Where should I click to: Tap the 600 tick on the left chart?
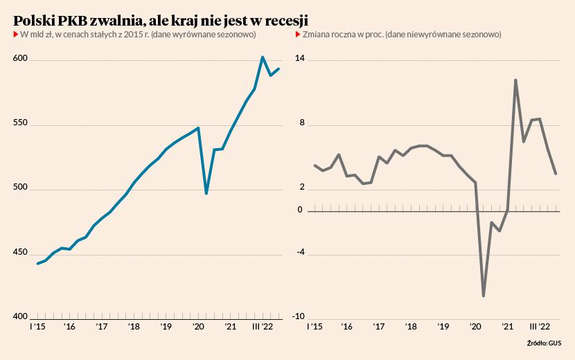[20, 60]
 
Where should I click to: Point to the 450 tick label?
[20, 253]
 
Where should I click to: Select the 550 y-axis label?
[20, 124]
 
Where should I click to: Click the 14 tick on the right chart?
[301, 60]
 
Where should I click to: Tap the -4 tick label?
[301, 253]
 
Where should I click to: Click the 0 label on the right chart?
[300, 210]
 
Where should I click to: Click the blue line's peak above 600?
[263, 57]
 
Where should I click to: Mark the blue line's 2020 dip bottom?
[206, 193]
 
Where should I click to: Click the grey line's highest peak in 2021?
[515, 80]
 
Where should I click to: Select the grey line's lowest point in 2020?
[484, 296]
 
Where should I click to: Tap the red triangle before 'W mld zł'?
[15, 35]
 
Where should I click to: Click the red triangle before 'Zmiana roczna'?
[299, 35]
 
